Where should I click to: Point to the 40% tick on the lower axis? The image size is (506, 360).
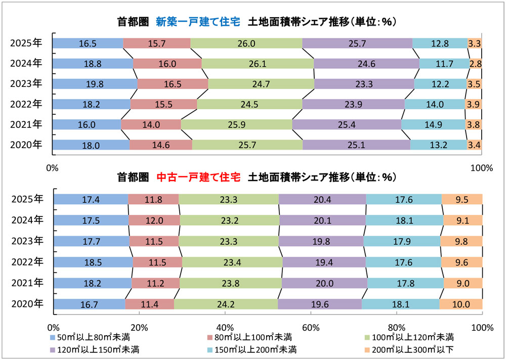225,327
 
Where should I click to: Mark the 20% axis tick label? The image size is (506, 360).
139,327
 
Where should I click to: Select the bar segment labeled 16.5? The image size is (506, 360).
88,43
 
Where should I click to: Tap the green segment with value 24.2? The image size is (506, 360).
226,304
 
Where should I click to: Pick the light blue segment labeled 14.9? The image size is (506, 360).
433,124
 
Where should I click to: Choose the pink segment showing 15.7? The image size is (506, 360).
157,43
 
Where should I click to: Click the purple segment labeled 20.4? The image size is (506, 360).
322,199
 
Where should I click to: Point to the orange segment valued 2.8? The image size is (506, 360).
475,64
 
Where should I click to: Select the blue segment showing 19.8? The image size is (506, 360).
95,84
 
